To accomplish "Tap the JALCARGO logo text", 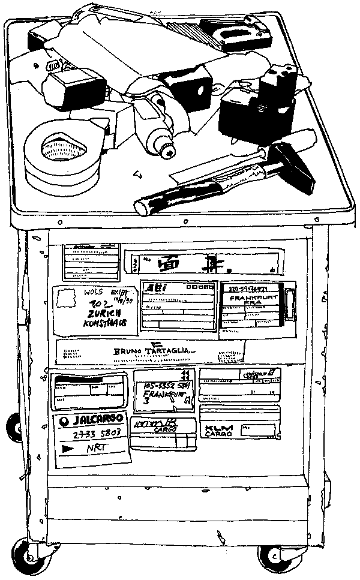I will [x=100, y=418].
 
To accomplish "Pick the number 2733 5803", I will [x=97, y=433].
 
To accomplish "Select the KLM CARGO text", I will [x=219, y=431].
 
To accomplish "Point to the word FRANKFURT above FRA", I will [x=255, y=298].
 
